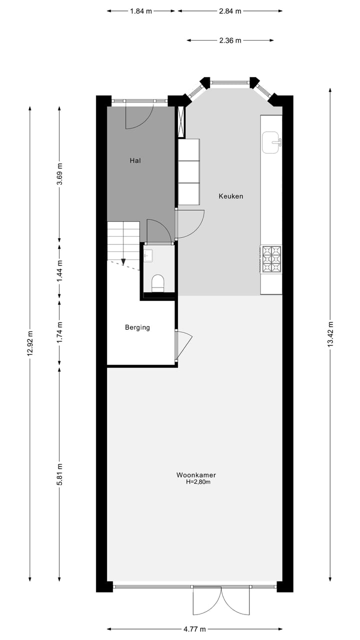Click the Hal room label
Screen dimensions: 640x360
coord(135,160)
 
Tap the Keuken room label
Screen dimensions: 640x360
coord(230,196)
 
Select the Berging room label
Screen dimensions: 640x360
coord(137,327)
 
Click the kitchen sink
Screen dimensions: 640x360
coord(271,142)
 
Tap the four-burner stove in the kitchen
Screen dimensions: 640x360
coord(271,259)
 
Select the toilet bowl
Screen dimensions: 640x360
coord(158,283)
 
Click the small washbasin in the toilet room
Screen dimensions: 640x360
coord(147,256)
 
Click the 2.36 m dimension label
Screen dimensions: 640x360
coord(230,40)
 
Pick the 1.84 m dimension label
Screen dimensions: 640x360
coord(141,11)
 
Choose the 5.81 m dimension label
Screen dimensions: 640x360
coord(59,473)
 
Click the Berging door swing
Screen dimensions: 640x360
coord(183,345)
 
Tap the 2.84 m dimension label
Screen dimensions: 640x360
coord(230,11)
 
